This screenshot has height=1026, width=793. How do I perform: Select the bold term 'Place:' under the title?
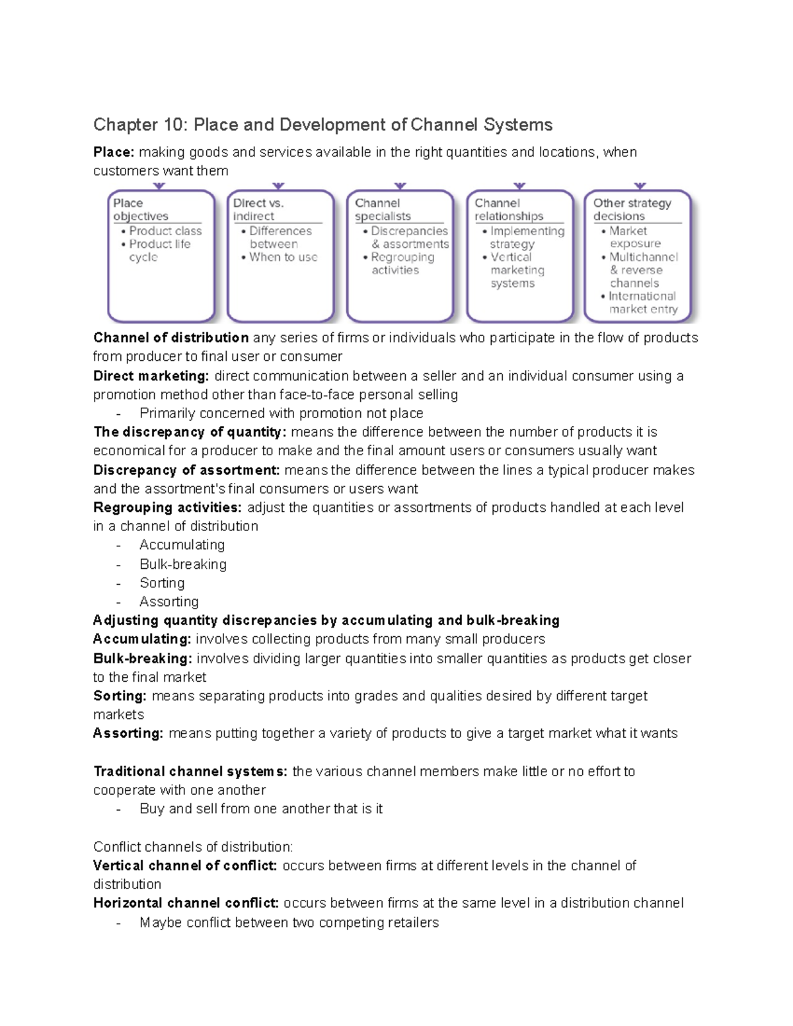(114, 153)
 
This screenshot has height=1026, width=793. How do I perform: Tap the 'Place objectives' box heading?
(140, 209)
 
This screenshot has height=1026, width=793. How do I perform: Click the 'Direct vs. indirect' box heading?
(258, 209)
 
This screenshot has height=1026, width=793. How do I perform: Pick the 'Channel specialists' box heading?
(382, 209)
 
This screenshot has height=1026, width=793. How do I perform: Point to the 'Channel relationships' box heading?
(508, 209)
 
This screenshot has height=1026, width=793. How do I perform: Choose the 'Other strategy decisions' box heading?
(631, 209)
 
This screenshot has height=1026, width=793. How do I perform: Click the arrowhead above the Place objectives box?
(159, 186)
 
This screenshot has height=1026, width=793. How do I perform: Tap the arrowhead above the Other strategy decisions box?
(640, 186)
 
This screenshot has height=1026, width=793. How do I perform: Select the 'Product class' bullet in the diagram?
(165, 231)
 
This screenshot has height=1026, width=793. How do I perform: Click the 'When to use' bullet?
(283, 258)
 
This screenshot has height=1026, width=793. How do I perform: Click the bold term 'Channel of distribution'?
(171, 338)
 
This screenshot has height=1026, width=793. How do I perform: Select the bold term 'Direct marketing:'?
(151, 377)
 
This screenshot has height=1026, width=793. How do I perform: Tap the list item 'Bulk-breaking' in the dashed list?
(182, 564)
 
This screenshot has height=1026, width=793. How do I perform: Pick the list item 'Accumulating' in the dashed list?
(182, 545)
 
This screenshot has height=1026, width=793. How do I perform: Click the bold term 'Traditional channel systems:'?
(190, 772)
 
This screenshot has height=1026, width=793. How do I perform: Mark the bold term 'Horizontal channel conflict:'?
(186, 903)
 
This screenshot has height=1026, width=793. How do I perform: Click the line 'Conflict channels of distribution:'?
(193, 847)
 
